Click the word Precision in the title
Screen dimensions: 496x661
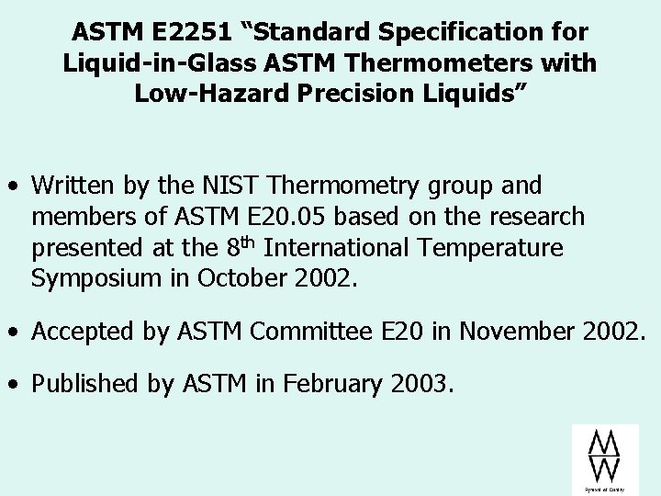pyautogui.click(x=359, y=95)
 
